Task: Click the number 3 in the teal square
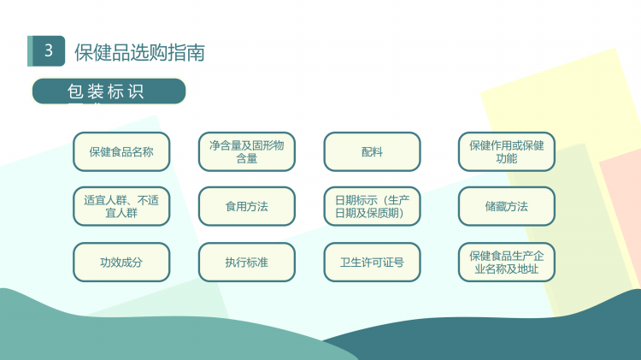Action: pos(49,50)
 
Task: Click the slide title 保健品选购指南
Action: pos(139,53)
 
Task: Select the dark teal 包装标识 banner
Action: pos(109,91)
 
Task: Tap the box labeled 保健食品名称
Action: pos(121,151)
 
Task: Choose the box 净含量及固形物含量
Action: pos(246,151)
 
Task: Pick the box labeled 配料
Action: pos(372,151)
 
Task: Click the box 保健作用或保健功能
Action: pos(507,151)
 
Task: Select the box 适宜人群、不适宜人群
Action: pos(121,206)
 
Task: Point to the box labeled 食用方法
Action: pos(246,206)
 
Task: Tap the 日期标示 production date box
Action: pos(372,206)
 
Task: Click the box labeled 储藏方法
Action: pos(507,206)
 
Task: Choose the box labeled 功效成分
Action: pos(121,263)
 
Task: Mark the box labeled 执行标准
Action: pos(246,263)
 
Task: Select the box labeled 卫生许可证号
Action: pos(372,263)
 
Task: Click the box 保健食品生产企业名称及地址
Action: pos(507,263)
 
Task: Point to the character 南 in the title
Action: pos(196,53)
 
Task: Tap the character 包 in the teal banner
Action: pos(75,91)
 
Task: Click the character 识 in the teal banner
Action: pos(135,91)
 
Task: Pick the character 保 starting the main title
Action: pos(84,53)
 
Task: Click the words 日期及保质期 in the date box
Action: pos(369,213)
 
